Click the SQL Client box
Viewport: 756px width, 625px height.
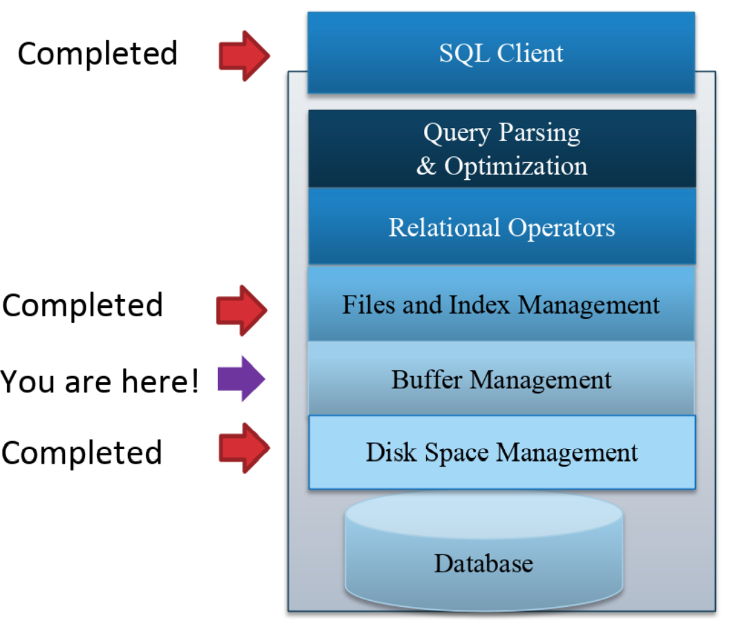pyautogui.click(x=501, y=53)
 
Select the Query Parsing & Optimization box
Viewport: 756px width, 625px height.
pyautogui.click(x=502, y=149)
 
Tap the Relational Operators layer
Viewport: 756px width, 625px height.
pyautogui.click(x=502, y=226)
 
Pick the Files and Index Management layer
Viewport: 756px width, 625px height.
pyautogui.click(x=501, y=304)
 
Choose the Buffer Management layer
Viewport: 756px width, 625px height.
pyautogui.click(x=501, y=379)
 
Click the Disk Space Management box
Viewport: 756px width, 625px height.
pyautogui.click(x=502, y=452)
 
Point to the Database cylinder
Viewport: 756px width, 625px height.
pyautogui.click(x=484, y=550)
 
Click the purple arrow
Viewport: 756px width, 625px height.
pyautogui.click(x=241, y=379)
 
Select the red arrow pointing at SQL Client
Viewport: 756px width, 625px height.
pyautogui.click(x=244, y=56)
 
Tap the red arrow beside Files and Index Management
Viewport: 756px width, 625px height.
pyautogui.click(x=241, y=310)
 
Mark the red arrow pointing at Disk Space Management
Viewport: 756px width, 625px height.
pyautogui.click(x=244, y=448)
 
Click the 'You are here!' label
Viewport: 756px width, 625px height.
pyautogui.click(x=100, y=381)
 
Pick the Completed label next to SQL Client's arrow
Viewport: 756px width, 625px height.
pyautogui.click(x=98, y=53)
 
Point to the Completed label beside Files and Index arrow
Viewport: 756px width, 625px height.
pyautogui.click(x=82, y=305)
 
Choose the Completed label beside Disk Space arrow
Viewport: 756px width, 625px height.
pyautogui.click(x=82, y=453)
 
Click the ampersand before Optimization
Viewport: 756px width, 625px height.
pyautogui.click(x=426, y=166)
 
